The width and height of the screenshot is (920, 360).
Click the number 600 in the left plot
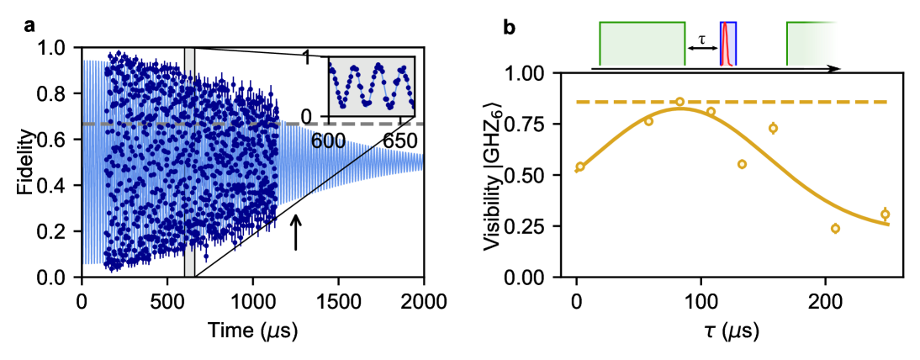point(328,141)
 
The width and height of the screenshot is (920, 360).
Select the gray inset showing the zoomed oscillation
point(371,86)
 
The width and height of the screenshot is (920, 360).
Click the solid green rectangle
point(642,44)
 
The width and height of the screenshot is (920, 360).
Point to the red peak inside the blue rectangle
point(725,46)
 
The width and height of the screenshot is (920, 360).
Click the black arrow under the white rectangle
point(822,69)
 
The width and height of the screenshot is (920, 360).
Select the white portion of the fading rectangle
point(849,42)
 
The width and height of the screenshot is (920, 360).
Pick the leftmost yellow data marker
point(579,167)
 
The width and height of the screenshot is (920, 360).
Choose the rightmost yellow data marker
point(885,214)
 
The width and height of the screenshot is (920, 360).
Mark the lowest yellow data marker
point(835,228)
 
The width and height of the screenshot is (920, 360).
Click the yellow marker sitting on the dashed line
point(679,102)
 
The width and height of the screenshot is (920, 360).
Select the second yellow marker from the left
point(648,121)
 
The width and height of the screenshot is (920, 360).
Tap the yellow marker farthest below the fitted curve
point(742,164)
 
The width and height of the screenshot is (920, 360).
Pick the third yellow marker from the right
point(773,129)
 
